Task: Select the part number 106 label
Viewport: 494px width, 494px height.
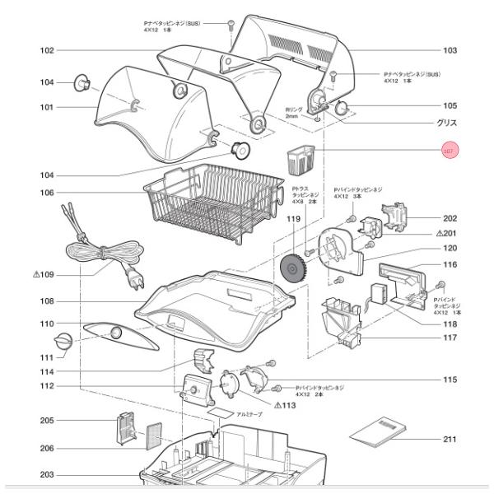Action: (47, 193)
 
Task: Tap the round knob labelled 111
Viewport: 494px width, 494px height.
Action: (63, 343)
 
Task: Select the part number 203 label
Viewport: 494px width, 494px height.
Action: (47, 474)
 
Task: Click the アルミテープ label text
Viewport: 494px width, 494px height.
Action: (249, 415)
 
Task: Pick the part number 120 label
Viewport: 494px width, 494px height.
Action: (450, 248)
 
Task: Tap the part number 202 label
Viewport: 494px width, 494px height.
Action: (450, 218)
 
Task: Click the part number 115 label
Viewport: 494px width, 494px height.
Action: (450, 380)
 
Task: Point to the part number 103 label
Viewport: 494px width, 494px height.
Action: (450, 51)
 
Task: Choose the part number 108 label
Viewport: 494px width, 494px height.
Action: (47, 301)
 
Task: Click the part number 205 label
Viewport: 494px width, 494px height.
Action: (47, 421)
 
